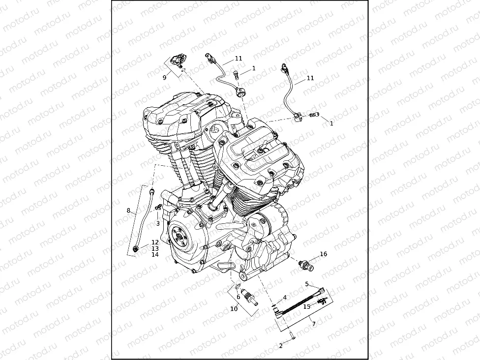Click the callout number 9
165,77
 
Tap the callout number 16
323,254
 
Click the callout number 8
128,210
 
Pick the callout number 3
158,223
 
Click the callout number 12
155,242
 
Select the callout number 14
155,254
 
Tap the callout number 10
234,309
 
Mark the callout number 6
238,297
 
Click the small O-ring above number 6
237,288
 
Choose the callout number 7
314,324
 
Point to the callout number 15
306,306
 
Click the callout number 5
306,284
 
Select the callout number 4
284,298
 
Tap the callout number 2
281,346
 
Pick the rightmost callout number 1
331,123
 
